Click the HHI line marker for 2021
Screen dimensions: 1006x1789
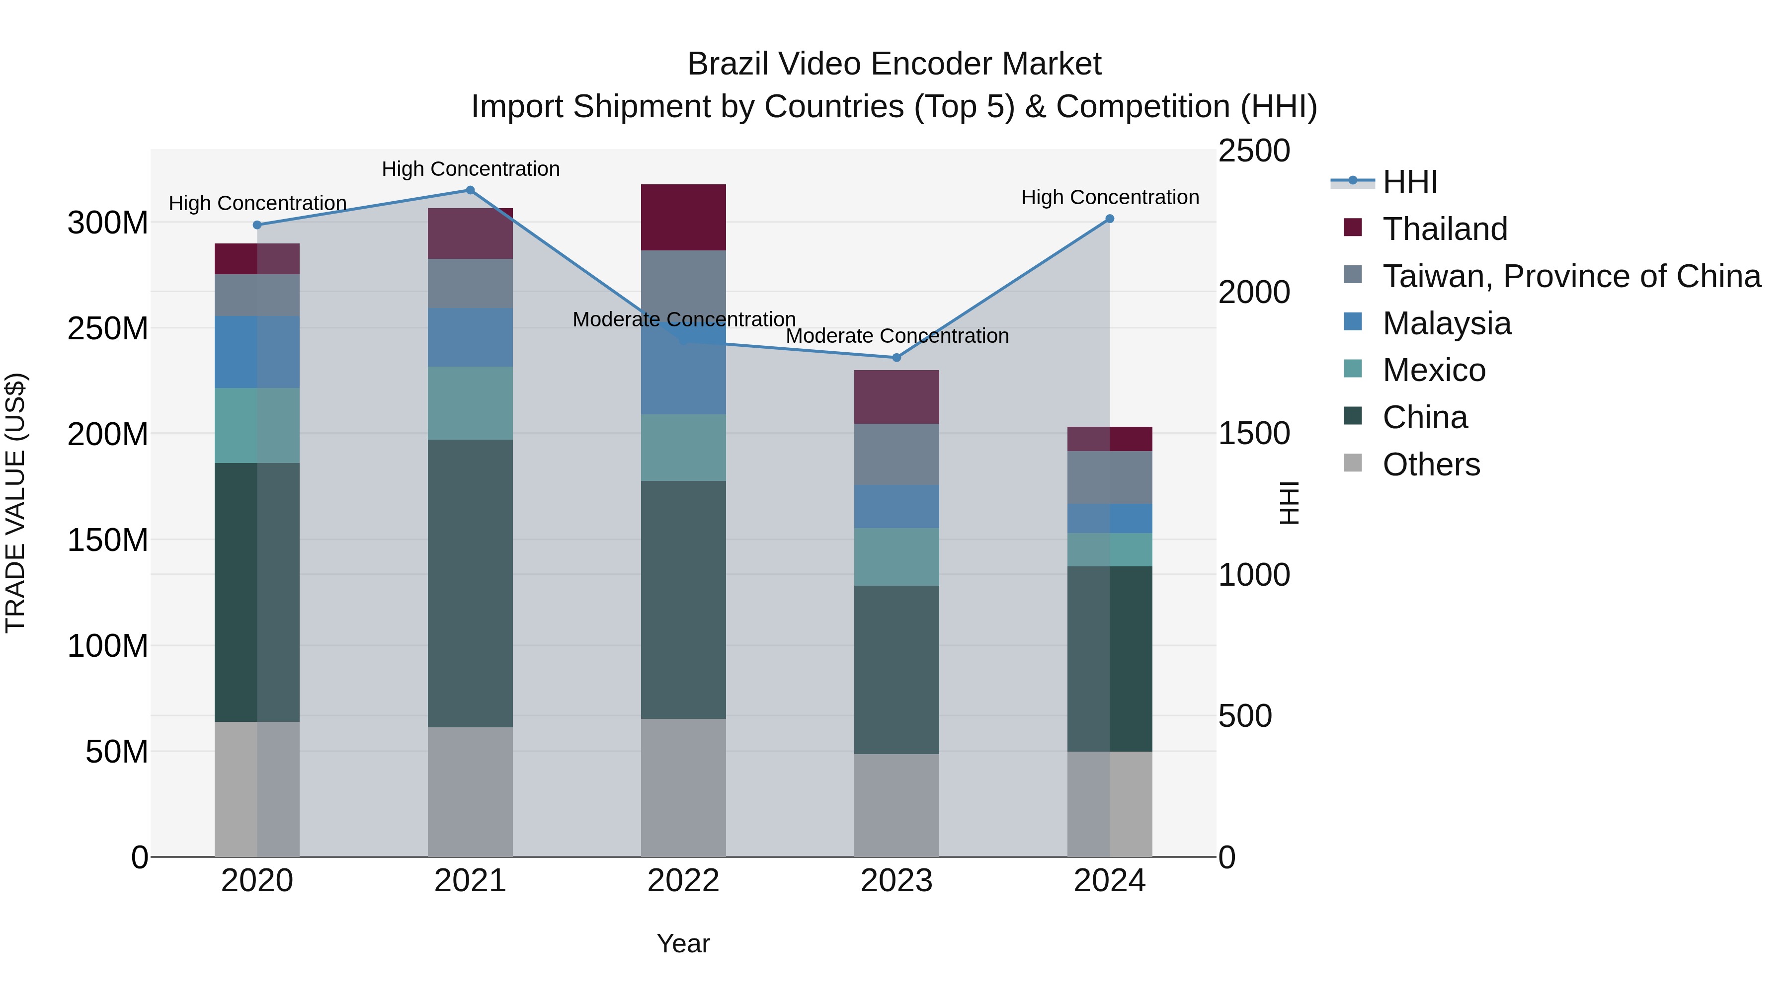click(470, 190)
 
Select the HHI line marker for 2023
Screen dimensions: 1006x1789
click(896, 358)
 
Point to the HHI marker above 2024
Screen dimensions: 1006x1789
click(1109, 219)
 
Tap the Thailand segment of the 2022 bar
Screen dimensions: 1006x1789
click(683, 217)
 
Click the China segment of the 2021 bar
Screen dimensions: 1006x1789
click(470, 583)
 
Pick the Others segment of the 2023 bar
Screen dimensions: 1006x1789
click(896, 805)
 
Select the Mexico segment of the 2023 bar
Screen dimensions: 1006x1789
click(896, 557)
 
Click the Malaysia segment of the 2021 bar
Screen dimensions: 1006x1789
click(470, 337)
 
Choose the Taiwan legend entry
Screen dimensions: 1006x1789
click(1571, 276)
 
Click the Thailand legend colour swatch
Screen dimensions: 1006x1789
click(1353, 228)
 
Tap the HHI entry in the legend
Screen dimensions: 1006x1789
click(1410, 182)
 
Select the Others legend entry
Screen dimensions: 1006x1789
click(1431, 464)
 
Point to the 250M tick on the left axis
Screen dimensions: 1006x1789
click(108, 328)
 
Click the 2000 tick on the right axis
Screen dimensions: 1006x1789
click(1254, 292)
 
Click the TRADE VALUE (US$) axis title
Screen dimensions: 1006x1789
click(15, 503)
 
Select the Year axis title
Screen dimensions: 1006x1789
click(683, 943)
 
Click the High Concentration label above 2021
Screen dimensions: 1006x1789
click(470, 169)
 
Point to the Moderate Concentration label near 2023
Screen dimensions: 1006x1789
click(896, 336)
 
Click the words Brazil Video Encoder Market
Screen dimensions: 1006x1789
click(894, 64)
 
